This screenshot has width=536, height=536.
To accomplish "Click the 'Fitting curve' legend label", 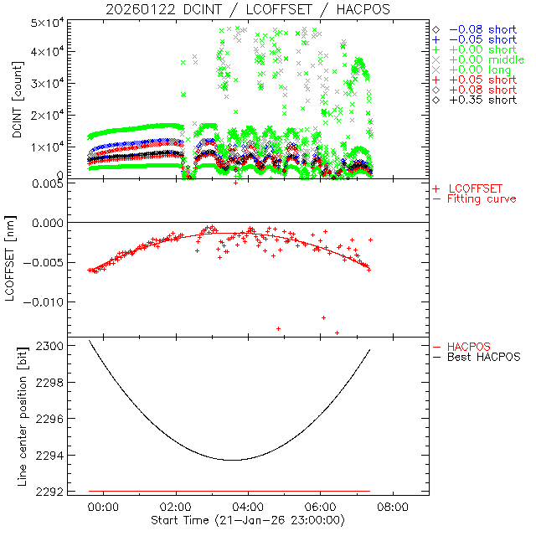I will coord(482,199).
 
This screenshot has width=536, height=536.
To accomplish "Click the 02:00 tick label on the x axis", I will coord(176,508).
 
